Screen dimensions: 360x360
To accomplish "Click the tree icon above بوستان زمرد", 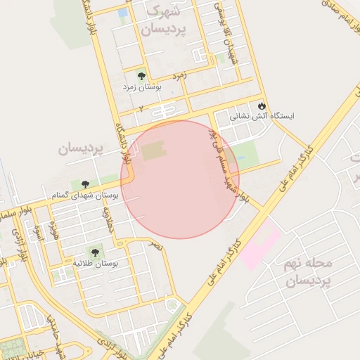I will [141, 75].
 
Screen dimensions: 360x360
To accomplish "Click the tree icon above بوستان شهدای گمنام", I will [86, 184].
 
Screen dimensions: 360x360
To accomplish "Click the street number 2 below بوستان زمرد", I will [141, 109].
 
